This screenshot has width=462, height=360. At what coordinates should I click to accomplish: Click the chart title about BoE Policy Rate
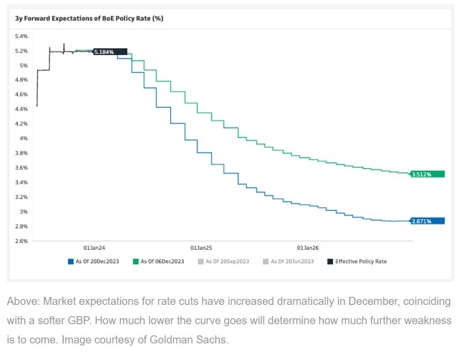89,18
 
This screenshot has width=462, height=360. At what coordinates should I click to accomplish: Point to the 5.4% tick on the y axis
21,36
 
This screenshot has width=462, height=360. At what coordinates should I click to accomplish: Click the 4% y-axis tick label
24,138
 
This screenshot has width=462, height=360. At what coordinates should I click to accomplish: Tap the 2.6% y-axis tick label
21,241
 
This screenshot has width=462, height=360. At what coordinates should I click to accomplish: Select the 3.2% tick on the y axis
21,197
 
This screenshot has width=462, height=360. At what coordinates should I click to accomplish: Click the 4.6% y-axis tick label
21,94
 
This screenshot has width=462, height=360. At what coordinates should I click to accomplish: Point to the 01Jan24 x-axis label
94,248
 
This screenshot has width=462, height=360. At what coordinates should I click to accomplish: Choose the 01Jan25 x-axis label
201,248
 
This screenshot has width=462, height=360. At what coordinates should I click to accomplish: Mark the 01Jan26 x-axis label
308,248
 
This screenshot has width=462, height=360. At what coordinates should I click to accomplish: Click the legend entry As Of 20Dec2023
93,262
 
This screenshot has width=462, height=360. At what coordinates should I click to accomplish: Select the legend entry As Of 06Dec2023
158,262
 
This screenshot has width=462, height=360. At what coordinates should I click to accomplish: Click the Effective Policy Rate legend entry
357,262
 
